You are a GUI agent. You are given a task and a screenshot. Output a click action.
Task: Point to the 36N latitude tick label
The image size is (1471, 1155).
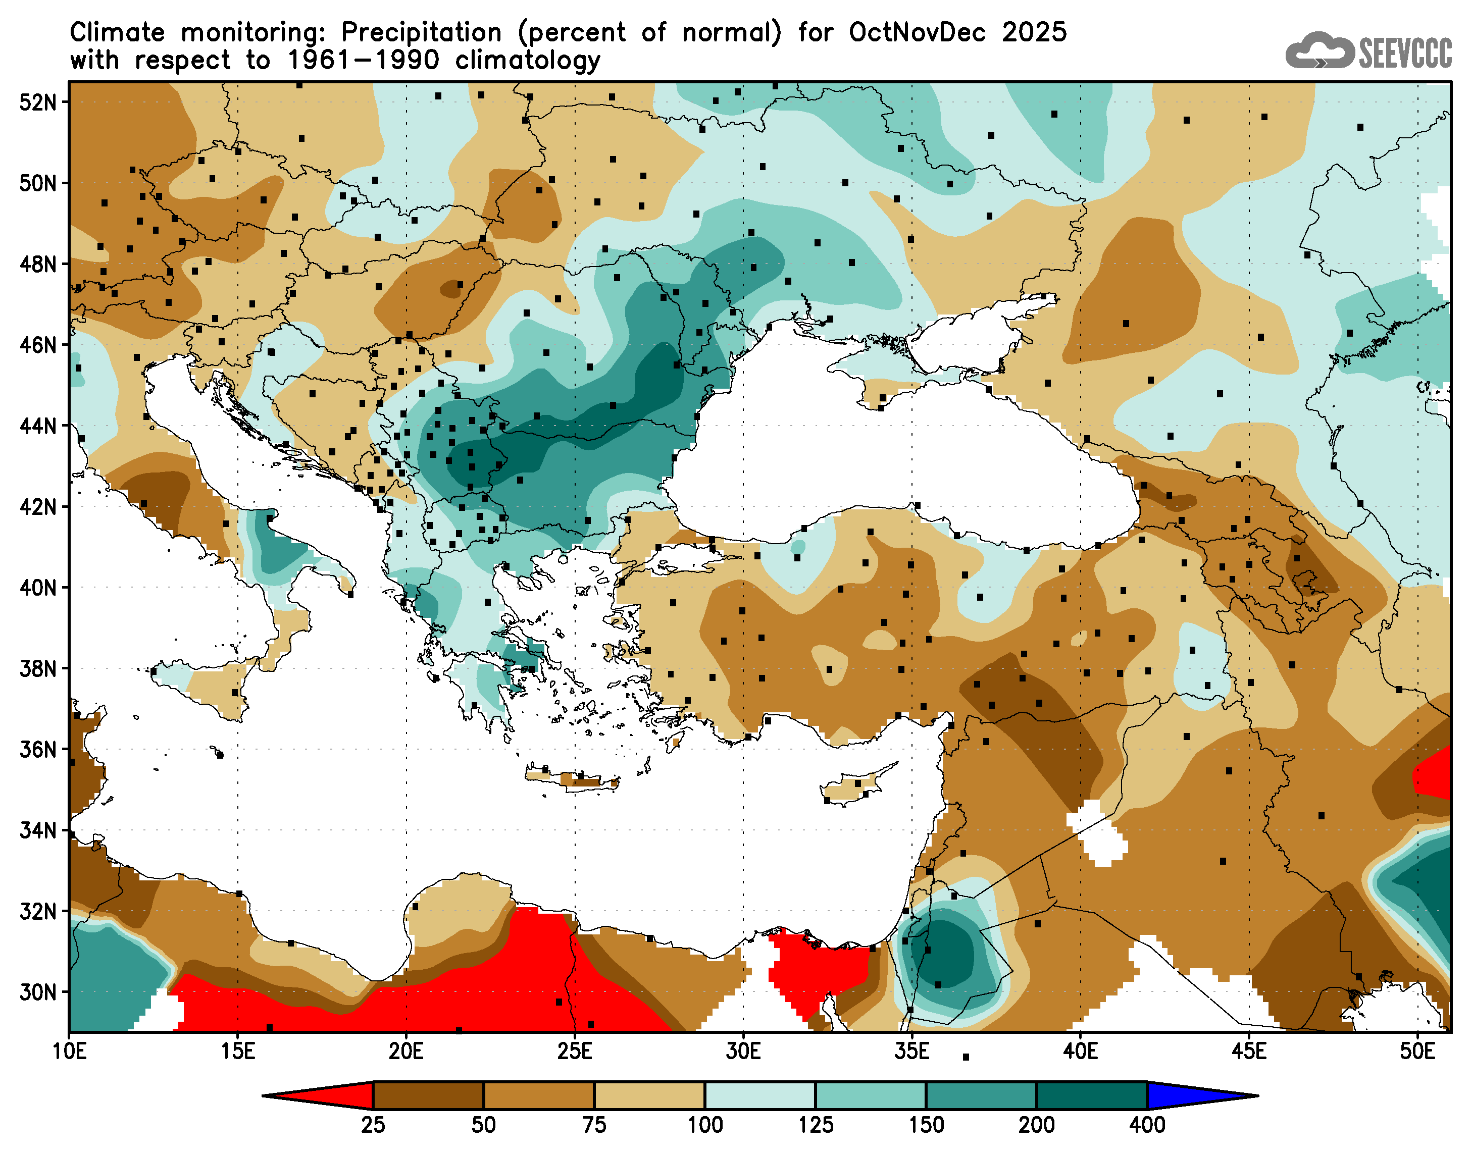pyautogui.click(x=37, y=749)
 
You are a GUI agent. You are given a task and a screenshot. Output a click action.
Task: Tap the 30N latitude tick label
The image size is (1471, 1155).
pyautogui.click(x=37, y=992)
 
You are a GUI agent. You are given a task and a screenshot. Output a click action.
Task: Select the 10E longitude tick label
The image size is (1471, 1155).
pyautogui.click(x=69, y=1052)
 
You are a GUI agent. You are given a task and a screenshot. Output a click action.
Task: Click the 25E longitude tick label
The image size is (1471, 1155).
pyautogui.click(x=575, y=1052)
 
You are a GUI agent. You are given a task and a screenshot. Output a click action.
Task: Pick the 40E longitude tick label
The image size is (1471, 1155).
pyautogui.click(x=1080, y=1052)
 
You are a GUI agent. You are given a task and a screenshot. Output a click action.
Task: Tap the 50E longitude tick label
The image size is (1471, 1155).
pyautogui.click(x=1417, y=1052)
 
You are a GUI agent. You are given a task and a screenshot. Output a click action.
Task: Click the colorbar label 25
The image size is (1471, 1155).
pyautogui.click(x=373, y=1125)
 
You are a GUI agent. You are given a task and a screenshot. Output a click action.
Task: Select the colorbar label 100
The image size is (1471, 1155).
pyautogui.click(x=705, y=1125)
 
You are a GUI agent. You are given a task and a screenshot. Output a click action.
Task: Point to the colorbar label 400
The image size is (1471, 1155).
pyautogui.click(x=1147, y=1125)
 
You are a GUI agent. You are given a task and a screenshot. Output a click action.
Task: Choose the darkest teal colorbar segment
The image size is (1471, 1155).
pyautogui.click(x=1092, y=1095)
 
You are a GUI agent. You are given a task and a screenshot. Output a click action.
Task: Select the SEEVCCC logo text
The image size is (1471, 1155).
pyautogui.click(x=1405, y=52)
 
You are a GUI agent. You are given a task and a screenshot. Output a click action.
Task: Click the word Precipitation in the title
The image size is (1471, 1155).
pyautogui.click(x=421, y=32)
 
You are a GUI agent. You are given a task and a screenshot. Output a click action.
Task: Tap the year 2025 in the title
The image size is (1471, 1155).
pyautogui.click(x=1034, y=32)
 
